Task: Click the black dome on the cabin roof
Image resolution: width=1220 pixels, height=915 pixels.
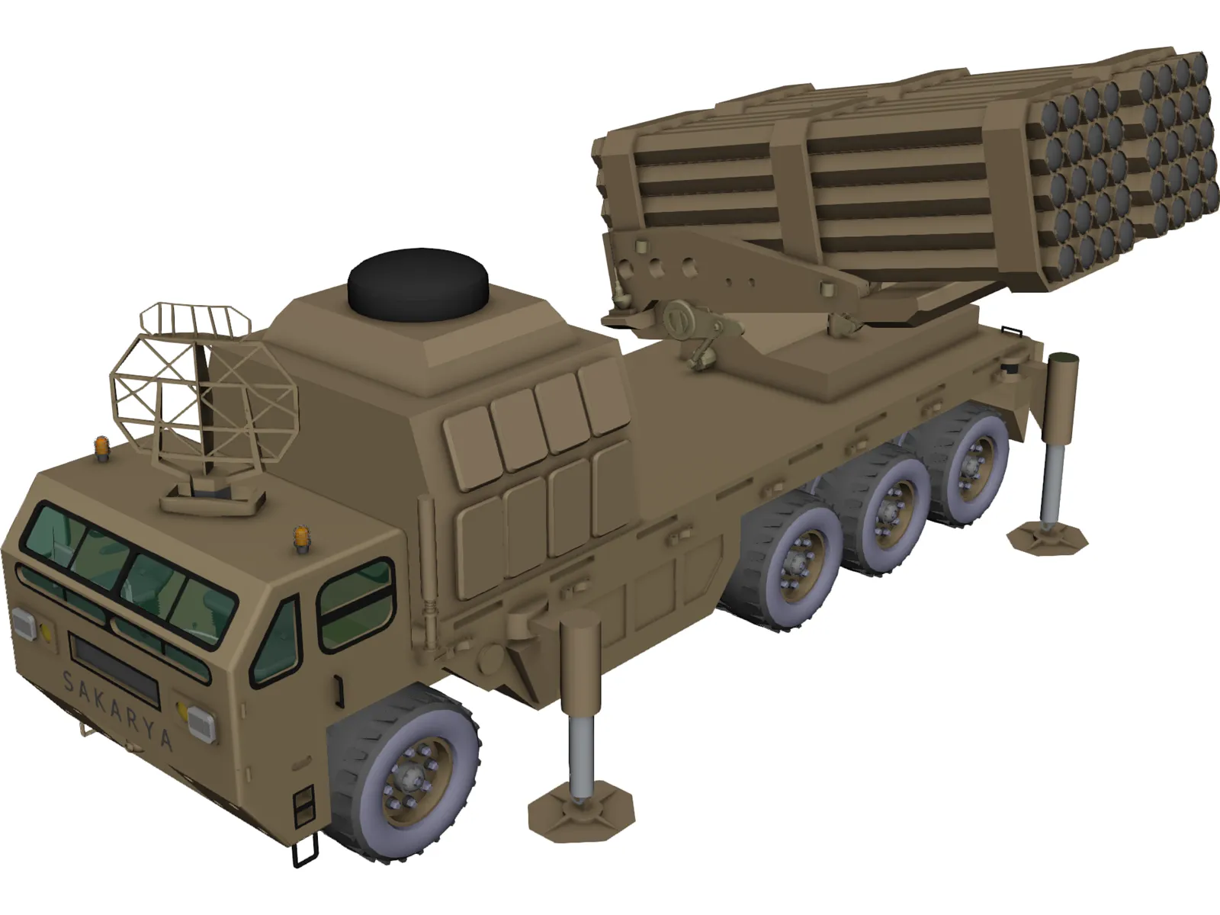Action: (418, 284)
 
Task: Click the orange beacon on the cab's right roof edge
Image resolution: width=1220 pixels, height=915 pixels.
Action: (302, 537)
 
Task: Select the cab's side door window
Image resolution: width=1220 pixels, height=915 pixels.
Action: (355, 604)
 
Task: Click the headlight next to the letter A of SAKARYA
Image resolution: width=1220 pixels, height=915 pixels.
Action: (200, 723)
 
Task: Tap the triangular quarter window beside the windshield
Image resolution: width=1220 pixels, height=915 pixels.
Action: (278, 642)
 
